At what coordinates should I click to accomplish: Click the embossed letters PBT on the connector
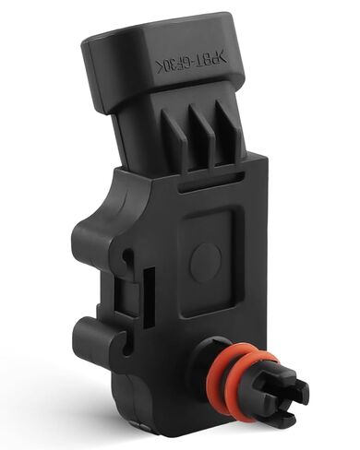tap(201, 60)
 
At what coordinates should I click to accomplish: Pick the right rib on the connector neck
tap(228, 129)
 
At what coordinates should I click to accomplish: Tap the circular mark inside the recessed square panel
tap(205, 260)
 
